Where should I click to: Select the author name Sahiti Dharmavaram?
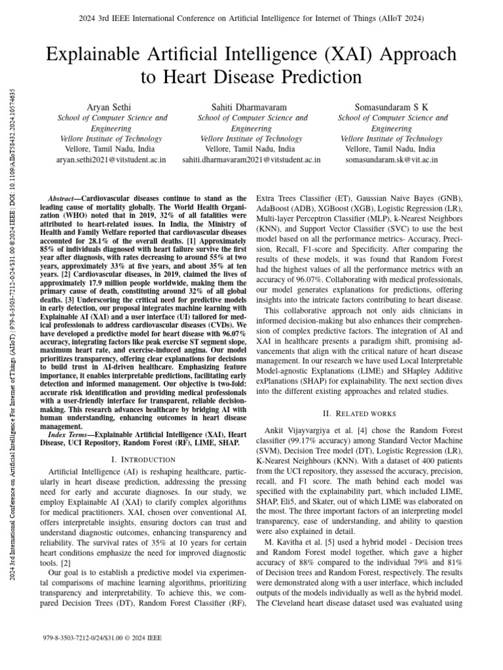click(x=251, y=106)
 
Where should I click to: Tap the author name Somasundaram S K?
click(x=392, y=106)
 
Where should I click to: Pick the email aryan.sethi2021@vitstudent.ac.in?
click(x=111, y=159)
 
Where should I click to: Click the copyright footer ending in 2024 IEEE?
click(x=101, y=637)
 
